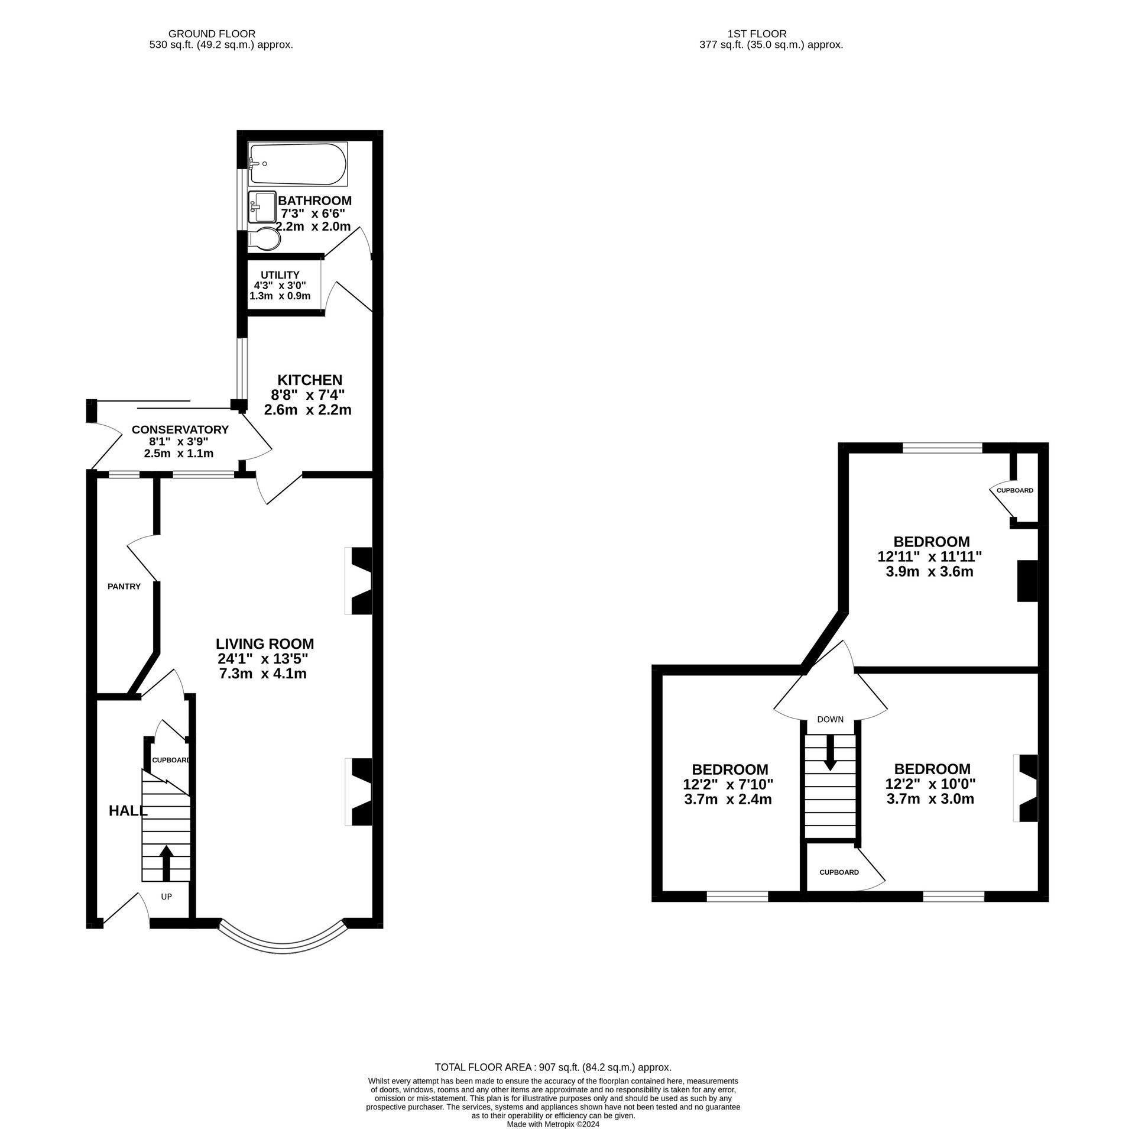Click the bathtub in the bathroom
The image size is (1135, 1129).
tap(297, 164)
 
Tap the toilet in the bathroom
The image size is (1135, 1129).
tap(264, 238)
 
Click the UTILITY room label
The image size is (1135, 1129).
tap(280, 275)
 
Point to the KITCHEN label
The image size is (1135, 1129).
tap(310, 380)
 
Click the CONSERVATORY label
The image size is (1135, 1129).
tap(180, 429)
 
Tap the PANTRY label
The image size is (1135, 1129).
tap(124, 587)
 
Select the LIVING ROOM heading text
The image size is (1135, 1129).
tap(264, 643)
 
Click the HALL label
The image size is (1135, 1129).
tap(128, 811)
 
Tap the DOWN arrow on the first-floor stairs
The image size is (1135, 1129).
tap(830, 752)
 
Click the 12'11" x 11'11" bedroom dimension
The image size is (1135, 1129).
tap(930, 557)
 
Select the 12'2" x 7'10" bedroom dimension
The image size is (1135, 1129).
tap(728, 784)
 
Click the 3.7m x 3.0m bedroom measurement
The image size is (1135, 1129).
tap(930, 799)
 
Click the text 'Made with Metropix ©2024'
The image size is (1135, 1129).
tap(553, 1124)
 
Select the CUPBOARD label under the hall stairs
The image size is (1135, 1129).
tap(171, 760)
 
